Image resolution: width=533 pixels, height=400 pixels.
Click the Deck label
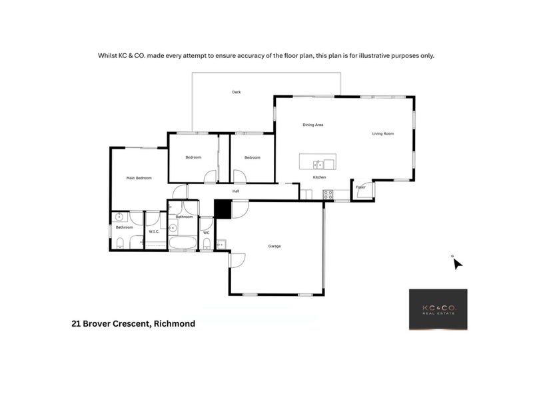tap(236, 92)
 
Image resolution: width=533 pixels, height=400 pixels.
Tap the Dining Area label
tap(313, 125)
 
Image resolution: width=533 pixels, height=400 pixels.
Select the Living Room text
tap(383, 133)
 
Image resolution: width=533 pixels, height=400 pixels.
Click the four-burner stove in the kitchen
tap(328, 195)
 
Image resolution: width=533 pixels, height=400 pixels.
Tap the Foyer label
tap(360, 187)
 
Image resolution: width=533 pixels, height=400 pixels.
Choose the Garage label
tap(274, 246)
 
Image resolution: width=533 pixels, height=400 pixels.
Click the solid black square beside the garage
tap(223, 209)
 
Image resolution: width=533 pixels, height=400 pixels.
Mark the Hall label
tap(236, 191)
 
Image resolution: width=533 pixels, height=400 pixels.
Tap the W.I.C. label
tap(153, 232)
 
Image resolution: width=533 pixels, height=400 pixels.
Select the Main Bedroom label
tap(139, 178)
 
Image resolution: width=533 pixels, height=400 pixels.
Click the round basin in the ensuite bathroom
tap(120, 217)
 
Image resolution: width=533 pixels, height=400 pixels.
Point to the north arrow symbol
tap(457, 263)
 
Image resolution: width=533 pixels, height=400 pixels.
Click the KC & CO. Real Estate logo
tap(438, 309)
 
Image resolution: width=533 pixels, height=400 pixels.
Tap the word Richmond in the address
tap(175, 324)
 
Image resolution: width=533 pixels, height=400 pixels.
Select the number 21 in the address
tap(77, 324)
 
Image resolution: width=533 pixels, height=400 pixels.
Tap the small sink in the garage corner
tap(221, 245)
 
